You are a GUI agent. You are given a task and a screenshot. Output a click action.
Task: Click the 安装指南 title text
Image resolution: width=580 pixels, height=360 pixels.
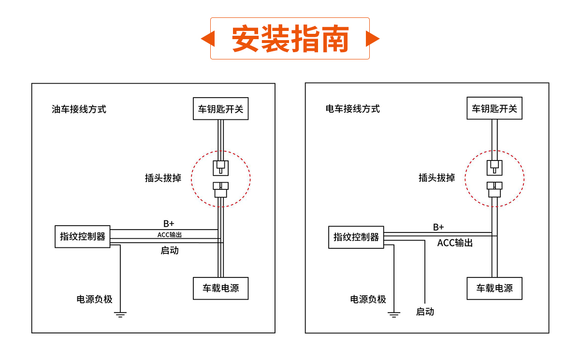(290, 39)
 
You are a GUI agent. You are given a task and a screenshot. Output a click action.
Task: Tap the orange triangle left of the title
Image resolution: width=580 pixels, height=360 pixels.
(208, 39)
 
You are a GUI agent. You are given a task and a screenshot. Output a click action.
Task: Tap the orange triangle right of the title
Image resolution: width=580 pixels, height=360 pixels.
(372, 39)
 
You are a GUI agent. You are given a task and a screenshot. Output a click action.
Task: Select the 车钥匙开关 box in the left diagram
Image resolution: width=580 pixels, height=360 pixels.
(220, 109)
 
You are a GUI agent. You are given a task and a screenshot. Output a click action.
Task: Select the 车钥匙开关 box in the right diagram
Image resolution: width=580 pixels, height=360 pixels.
(494, 108)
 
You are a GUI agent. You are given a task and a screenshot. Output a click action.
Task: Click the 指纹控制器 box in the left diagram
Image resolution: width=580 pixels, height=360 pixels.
(83, 237)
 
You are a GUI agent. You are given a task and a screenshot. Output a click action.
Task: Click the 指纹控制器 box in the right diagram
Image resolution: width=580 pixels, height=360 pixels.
(356, 237)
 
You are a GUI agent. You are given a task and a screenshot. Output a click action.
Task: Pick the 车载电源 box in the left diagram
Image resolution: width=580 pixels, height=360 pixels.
(220, 288)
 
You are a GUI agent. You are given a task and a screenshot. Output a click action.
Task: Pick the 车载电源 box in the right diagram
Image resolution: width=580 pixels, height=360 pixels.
(494, 288)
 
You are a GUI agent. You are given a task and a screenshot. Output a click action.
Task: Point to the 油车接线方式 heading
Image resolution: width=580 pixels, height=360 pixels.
(79, 109)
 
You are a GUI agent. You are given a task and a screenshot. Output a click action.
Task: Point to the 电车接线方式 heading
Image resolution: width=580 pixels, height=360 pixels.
(352, 109)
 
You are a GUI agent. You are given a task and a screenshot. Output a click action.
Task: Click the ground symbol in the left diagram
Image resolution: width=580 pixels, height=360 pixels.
(120, 314)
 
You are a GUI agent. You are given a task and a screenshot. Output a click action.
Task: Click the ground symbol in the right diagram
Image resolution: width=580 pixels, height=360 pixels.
(394, 315)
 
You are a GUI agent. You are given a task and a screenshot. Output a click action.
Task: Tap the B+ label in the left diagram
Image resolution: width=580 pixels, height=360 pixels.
(168, 224)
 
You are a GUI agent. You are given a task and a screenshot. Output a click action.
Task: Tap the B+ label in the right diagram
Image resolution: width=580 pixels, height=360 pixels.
(438, 227)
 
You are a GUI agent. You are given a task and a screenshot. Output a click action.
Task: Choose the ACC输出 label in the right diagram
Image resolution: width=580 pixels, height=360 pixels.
(455, 243)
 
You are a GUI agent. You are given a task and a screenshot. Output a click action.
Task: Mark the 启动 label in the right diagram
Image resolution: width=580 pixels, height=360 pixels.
(425, 312)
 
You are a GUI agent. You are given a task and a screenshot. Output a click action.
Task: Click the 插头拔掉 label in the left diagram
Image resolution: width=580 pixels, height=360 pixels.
(163, 178)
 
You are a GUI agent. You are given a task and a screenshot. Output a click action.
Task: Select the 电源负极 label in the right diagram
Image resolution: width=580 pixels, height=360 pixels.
(368, 300)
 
